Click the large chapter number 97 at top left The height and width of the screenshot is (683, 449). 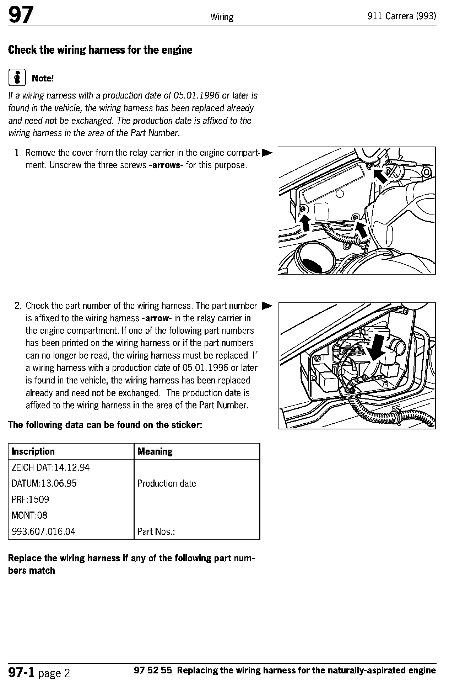click(x=21, y=15)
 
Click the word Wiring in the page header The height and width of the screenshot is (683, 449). click(x=222, y=17)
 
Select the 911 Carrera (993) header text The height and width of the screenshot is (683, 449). click(x=402, y=16)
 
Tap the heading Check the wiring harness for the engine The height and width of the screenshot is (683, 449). click(x=100, y=50)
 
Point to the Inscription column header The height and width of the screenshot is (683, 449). click(x=33, y=451)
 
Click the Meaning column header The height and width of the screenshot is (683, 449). click(x=155, y=451)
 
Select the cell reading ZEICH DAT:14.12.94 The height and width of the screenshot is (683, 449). click(x=51, y=467)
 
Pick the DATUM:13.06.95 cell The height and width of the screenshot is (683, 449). click(x=44, y=483)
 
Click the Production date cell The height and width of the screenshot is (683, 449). click(x=167, y=483)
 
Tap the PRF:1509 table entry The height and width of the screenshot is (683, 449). click(x=31, y=499)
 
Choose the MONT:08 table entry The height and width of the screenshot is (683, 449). click(x=29, y=515)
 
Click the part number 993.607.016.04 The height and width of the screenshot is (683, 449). click(x=44, y=531)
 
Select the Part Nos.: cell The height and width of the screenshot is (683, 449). click(x=156, y=531)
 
